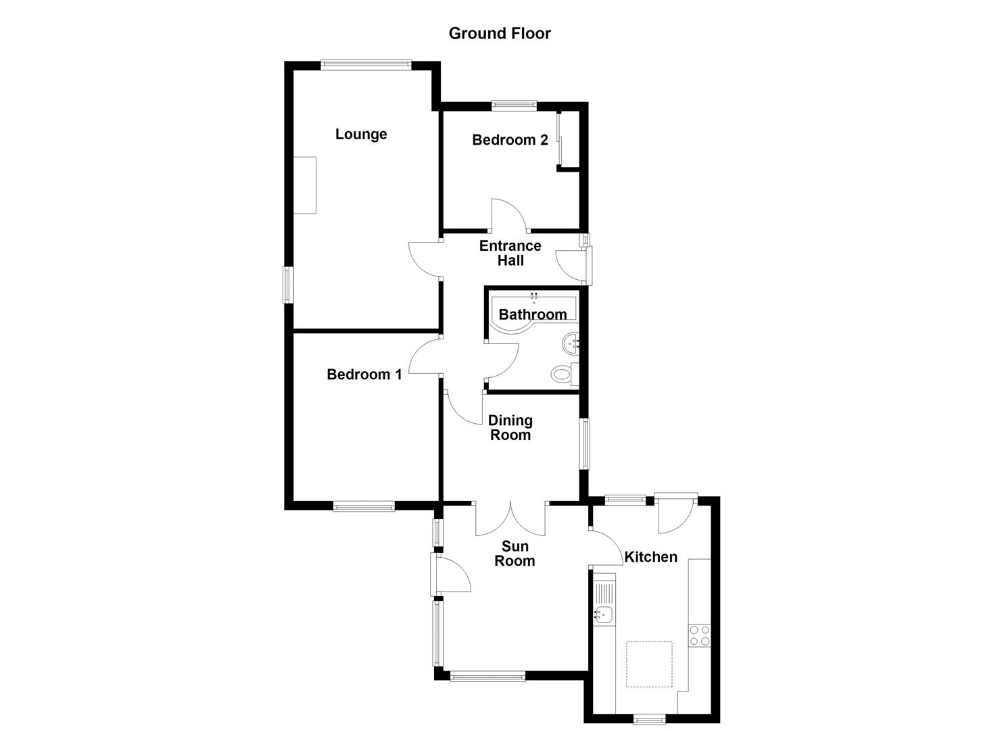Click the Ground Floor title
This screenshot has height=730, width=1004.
coord(500,33)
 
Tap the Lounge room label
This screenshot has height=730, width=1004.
coord(361,134)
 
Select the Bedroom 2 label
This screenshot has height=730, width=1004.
coord(510,140)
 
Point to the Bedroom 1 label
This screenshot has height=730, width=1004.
coord(364,374)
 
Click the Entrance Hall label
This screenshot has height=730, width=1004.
coord(510,253)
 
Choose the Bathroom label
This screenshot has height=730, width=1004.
coord(533,314)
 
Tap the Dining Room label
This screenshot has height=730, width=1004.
coord(510,427)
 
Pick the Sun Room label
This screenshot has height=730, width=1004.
coord(515,553)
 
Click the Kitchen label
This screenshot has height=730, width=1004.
coord(650,557)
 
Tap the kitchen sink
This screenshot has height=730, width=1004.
coord(604,614)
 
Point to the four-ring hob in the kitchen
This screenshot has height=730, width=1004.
coord(700,635)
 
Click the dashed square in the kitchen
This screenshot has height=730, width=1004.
coord(649,664)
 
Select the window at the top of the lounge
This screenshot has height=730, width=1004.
coord(366,65)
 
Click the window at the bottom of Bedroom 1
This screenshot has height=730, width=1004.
coord(363,506)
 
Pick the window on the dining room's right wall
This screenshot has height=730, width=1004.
coord(584,443)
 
